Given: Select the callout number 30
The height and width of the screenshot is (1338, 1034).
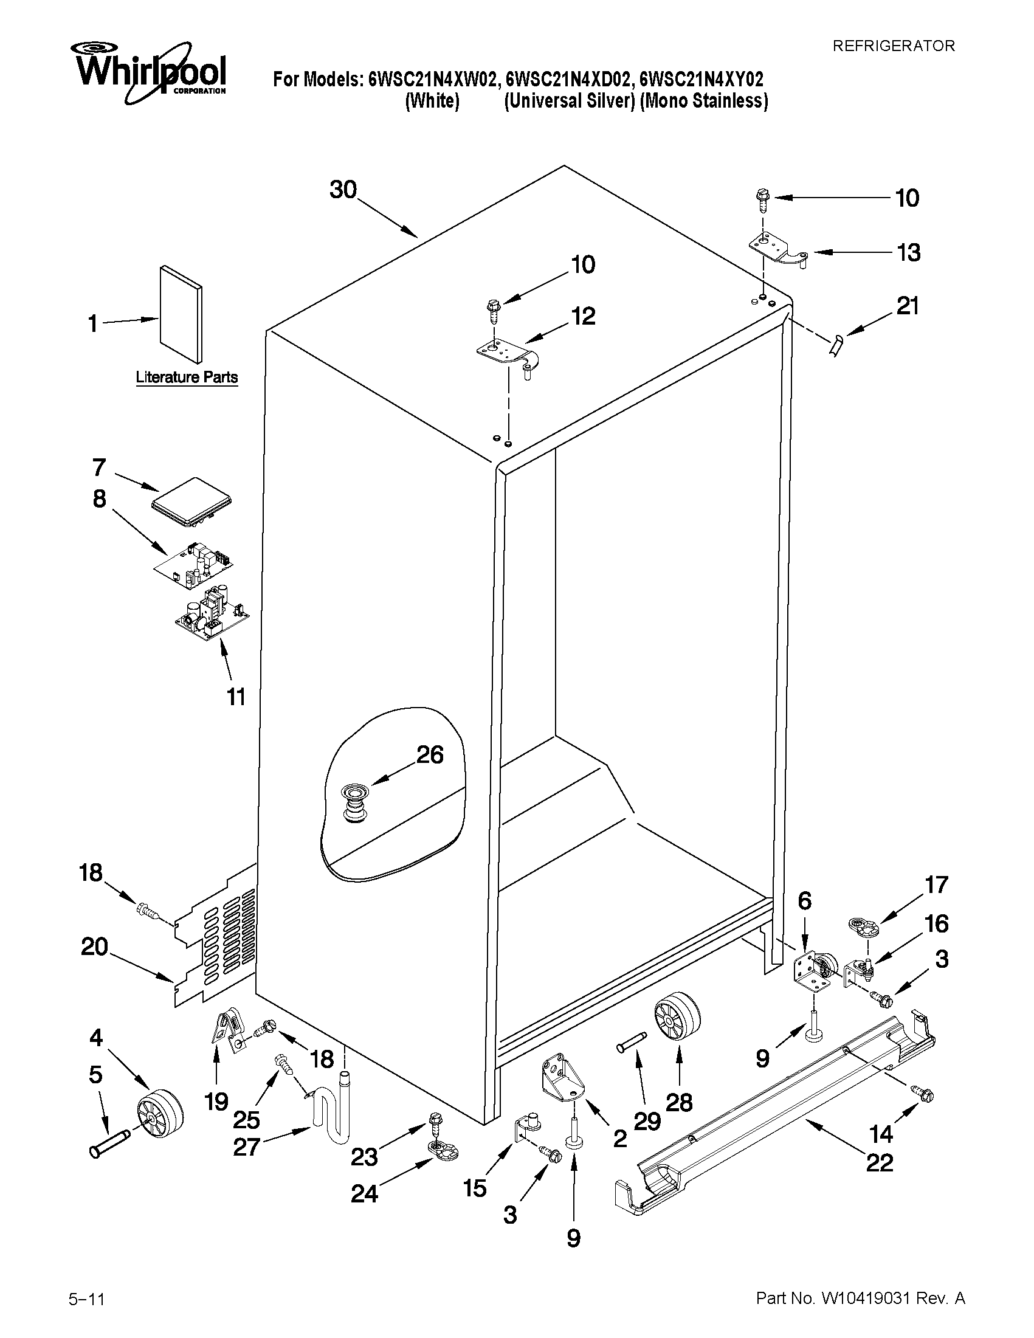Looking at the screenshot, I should [x=343, y=190].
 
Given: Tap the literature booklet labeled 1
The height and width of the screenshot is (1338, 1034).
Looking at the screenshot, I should [x=181, y=314].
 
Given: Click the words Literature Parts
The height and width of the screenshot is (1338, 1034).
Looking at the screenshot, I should [x=186, y=378].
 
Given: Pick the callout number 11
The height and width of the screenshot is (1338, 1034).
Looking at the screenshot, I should [x=236, y=697].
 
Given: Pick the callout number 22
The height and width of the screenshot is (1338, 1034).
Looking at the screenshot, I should [x=880, y=1162].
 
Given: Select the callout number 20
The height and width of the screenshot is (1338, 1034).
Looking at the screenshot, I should [x=94, y=947].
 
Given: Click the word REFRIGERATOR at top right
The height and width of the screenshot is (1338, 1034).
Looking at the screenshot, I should [x=893, y=46].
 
